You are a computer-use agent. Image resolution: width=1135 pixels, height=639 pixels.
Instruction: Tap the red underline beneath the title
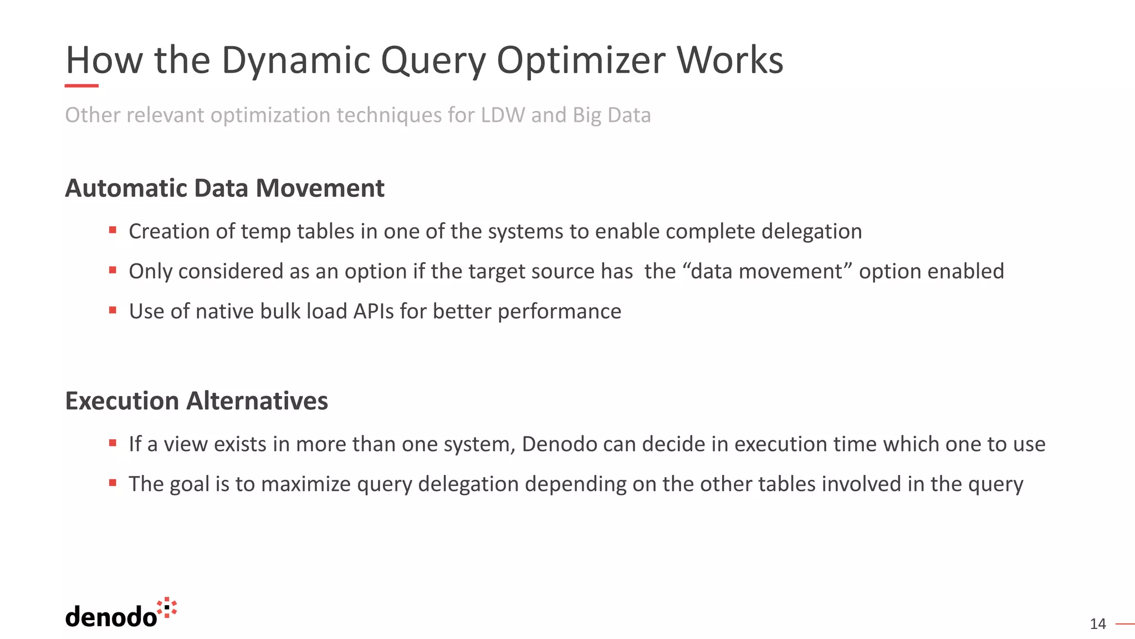click(81, 86)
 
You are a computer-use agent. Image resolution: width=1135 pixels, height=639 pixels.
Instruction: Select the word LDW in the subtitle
click(503, 115)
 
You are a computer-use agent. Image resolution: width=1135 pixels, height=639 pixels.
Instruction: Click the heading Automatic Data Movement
click(224, 188)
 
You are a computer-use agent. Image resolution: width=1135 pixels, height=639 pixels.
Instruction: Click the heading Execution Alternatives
click(196, 400)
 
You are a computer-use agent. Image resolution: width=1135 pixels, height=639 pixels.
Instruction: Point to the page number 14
click(1097, 624)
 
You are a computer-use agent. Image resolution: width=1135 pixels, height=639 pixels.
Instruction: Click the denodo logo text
click(111, 617)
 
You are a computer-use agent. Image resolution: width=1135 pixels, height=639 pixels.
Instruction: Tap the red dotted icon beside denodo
click(167, 608)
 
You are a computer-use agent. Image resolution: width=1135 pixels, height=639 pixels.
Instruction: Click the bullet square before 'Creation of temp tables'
click(113, 230)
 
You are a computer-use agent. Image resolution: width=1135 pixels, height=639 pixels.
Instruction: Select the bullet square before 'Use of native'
click(113, 310)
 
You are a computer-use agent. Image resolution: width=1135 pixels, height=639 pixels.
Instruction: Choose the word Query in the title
click(433, 60)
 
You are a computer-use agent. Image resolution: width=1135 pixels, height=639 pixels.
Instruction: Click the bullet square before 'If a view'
click(113, 443)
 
